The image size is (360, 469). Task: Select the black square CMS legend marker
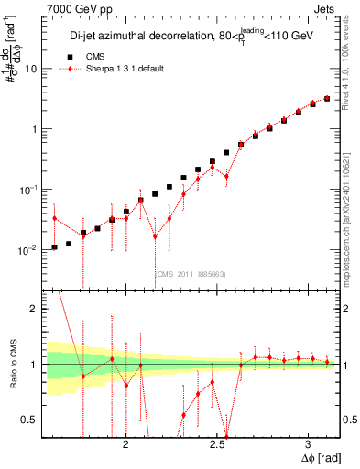[x=64, y=56]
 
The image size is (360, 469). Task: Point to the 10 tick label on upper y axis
[x=31, y=69]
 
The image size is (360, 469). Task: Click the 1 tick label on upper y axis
[x=34, y=129]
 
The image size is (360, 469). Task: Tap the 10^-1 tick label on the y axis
[x=29, y=189]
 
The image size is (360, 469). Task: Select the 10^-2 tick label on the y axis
[x=29, y=249]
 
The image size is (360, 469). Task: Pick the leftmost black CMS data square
[x=54, y=247]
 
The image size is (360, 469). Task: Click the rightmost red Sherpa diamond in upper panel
[x=327, y=98]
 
